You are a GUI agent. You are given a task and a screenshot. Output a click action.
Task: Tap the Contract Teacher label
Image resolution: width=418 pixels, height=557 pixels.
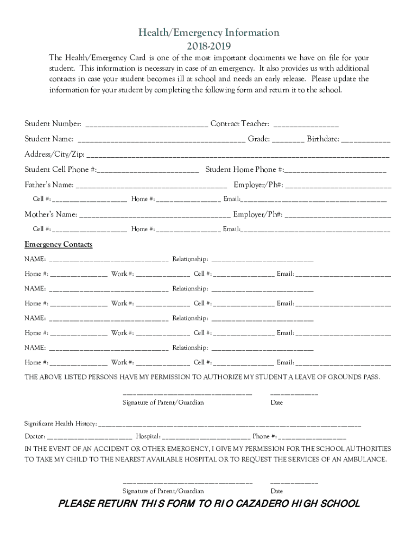coord(239,124)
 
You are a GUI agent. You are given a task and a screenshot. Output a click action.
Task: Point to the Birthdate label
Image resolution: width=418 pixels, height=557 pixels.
coord(323,139)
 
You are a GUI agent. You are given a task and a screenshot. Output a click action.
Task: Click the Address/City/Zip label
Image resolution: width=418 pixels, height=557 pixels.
coord(54,154)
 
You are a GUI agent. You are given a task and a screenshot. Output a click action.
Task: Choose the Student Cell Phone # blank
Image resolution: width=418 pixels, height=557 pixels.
coord(149,171)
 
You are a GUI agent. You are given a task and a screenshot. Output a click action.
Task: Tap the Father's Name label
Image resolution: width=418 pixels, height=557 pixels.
coord(49,184)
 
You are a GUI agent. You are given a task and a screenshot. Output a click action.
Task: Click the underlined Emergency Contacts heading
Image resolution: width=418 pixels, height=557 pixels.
coord(59,245)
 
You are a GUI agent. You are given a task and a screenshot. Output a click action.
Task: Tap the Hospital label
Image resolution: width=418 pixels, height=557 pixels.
coord(148,436)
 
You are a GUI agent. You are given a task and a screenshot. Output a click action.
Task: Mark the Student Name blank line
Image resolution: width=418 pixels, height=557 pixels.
coord(162,141)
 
